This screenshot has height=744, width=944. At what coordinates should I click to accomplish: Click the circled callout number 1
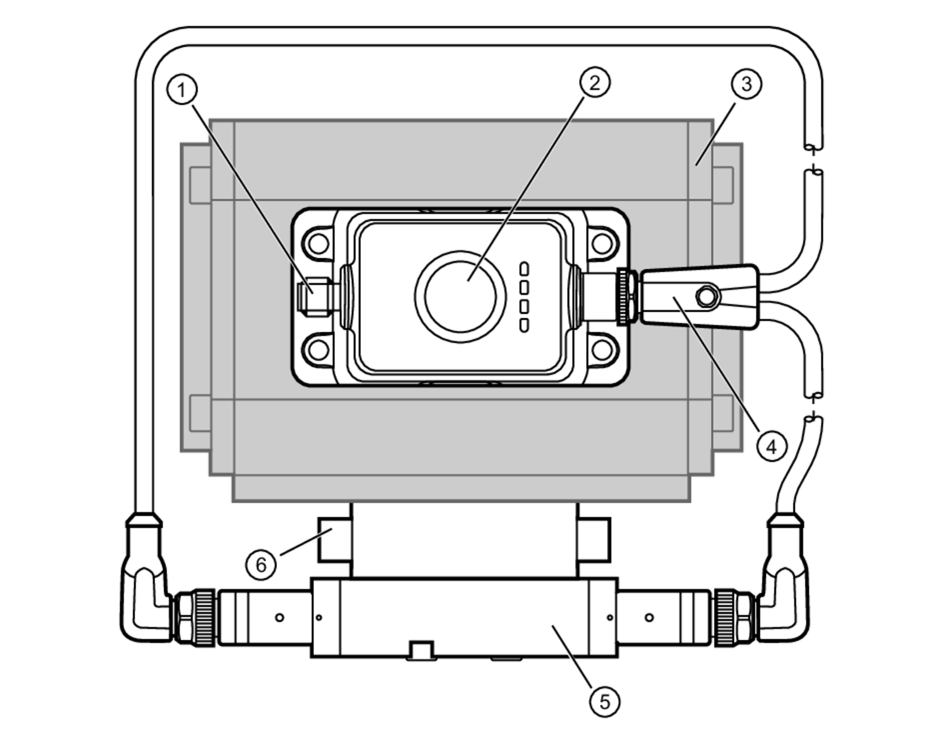[182, 89]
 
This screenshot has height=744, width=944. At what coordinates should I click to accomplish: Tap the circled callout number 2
[594, 83]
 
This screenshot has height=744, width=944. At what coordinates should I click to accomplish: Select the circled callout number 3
[746, 84]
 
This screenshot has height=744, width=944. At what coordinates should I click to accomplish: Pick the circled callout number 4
[772, 446]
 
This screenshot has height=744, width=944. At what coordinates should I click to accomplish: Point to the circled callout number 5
[605, 702]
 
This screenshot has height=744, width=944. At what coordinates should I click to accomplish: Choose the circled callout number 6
[261, 564]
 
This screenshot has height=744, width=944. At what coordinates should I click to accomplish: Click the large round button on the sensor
[460, 297]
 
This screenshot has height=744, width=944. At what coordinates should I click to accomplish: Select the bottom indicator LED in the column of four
[524, 325]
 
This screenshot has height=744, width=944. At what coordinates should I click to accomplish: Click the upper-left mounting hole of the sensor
[319, 244]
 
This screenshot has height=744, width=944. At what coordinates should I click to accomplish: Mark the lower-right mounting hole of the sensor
[602, 350]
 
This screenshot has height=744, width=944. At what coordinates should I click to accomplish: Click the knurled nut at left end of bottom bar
[204, 617]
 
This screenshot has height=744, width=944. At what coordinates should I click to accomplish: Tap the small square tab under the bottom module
[421, 650]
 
